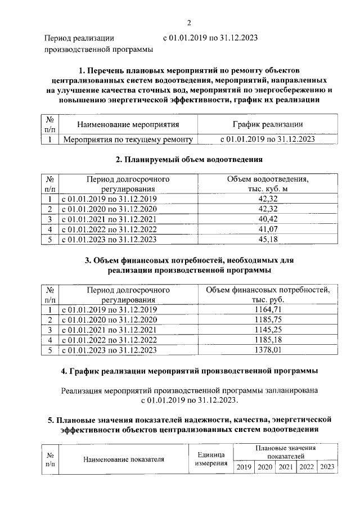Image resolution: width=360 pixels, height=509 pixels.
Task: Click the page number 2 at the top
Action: (x=190, y=22)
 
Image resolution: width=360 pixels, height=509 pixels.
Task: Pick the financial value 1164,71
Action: (x=268, y=309)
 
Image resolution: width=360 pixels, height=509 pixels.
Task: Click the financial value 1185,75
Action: (x=268, y=319)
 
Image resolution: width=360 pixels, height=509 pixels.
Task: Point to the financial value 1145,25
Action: (x=268, y=330)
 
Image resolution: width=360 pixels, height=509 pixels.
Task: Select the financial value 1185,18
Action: (x=268, y=340)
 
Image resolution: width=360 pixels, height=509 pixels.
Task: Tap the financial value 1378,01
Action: (x=268, y=350)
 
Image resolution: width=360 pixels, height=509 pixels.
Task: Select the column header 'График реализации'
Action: (x=268, y=124)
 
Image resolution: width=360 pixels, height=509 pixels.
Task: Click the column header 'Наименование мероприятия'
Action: (x=128, y=124)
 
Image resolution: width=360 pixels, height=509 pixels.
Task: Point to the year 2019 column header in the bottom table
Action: (x=244, y=467)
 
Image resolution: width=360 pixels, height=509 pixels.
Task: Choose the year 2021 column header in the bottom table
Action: (x=286, y=467)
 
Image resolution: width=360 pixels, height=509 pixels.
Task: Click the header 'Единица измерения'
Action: (x=211, y=459)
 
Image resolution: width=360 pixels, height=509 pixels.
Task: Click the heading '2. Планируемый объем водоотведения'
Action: (x=190, y=160)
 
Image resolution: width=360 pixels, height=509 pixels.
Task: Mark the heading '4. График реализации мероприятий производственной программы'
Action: (x=190, y=372)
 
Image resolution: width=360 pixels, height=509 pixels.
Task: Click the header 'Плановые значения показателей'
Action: (x=286, y=452)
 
